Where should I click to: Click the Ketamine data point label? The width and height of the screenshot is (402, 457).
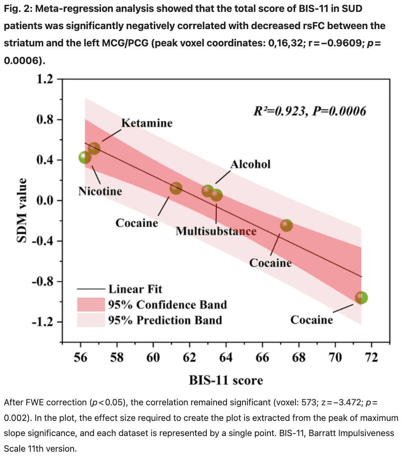click(147, 123)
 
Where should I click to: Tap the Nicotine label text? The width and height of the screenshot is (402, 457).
click(100, 191)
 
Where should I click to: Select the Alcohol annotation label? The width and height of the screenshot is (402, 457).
click(250, 165)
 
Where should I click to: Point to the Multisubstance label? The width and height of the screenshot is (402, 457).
click(216, 231)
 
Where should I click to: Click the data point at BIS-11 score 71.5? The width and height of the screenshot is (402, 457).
click(361, 297)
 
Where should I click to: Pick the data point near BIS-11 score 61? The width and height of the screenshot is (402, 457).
click(176, 188)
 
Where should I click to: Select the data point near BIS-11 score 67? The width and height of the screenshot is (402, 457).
click(286, 225)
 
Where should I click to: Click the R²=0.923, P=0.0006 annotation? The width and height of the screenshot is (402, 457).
click(309, 111)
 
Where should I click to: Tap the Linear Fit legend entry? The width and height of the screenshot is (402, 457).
click(135, 289)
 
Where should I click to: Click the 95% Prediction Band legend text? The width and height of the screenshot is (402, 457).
click(165, 320)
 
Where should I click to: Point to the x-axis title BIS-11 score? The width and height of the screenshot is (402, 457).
click(226, 380)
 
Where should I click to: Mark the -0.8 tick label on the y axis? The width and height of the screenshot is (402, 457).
click(43, 282)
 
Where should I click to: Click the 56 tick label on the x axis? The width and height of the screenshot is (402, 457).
click(81, 357)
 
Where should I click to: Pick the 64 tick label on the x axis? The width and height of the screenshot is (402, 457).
click(226, 357)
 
